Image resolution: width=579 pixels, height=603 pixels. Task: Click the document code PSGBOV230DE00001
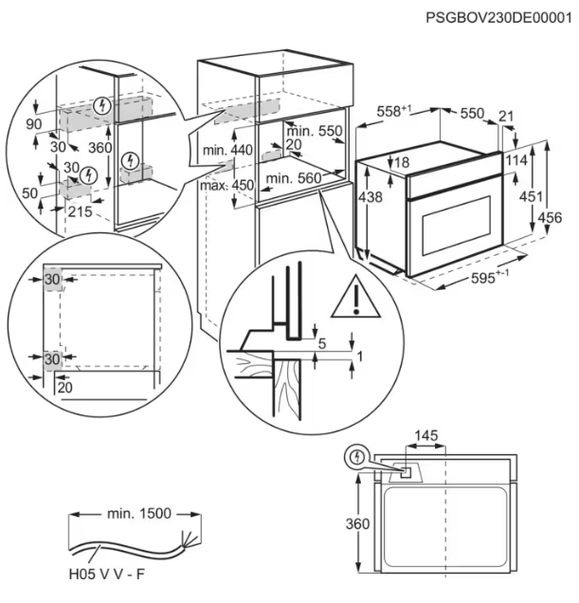498,16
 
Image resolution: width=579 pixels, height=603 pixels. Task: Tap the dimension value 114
515,162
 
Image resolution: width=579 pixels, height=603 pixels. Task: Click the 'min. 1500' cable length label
139,514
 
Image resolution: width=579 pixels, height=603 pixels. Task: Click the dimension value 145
426,436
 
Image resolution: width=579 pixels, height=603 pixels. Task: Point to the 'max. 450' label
226,185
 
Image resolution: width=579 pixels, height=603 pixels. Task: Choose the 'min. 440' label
227,150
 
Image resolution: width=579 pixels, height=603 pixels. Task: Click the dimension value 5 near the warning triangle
322,342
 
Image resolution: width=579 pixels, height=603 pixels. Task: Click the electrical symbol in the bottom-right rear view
356,457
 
